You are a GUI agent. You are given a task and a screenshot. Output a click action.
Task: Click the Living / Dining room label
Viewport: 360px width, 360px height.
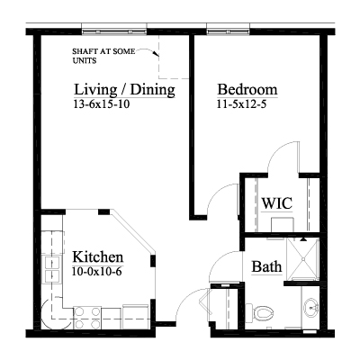coord(124,90)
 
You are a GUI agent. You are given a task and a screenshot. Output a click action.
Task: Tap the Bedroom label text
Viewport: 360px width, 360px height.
coord(247,89)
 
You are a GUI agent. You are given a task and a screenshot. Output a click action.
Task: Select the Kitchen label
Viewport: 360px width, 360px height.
coord(98,257)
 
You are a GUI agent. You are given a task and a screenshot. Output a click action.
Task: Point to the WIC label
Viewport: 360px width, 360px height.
coord(276,203)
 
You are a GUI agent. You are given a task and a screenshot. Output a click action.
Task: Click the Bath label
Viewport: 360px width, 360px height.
coord(266,266)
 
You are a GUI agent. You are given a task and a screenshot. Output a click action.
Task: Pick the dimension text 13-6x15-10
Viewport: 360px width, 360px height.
coord(102,104)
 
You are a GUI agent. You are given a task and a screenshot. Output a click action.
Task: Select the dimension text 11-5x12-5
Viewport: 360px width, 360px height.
coord(242,104)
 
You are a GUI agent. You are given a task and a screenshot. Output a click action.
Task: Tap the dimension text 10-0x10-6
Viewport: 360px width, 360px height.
coord(97,272)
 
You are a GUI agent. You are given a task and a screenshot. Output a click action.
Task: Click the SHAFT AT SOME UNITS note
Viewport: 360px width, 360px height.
coord(103,56)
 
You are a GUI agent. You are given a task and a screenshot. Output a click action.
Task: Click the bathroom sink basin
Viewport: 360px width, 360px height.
coord(310,307)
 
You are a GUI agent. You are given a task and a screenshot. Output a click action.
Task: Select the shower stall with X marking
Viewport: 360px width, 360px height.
coord(303,259)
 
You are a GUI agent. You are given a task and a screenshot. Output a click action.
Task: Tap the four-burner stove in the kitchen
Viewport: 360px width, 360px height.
coord(87,318)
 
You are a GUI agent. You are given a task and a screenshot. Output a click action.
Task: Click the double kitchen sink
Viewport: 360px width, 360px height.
coord(52,269)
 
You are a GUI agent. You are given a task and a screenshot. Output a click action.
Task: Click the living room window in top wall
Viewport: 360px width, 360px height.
coord(114,31)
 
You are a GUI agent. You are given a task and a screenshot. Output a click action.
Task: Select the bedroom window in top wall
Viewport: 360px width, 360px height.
coord(228,31)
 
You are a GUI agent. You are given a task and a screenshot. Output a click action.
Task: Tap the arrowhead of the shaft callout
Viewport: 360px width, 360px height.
coord(155,54)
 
